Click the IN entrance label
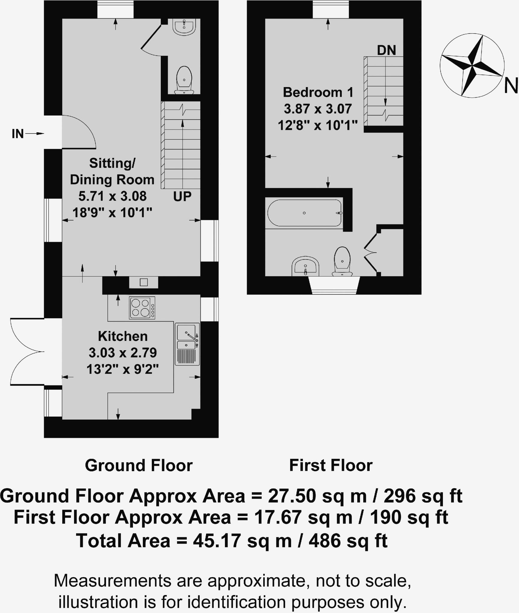[x=18, y=134]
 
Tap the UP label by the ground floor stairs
[x=182, y=196]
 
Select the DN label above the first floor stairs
[x=386, y=50]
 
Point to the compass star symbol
[x=472, y=66]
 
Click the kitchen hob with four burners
[x=142, y=308]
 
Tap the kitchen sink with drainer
[x=187, y=344]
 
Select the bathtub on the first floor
[x=305, y=213]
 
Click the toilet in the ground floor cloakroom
[x=184, y=80]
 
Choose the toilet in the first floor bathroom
[x=342, y=261]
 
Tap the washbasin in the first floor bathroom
[x=305, y=266]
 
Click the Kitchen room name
[x=123, y=336]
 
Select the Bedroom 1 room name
[x=318, y=92]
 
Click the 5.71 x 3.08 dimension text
[x=113, y=196]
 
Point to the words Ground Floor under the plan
[x=139, y=465]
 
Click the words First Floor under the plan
[x=331, y=465]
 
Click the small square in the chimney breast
[x=144, y=282]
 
